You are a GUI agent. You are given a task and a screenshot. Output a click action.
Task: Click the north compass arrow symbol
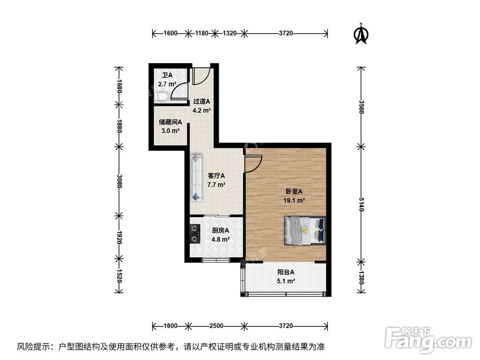pyautogui.click(x=360, y=34)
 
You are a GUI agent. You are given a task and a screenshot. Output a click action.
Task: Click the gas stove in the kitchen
pyautogui.click(x=194, y=233)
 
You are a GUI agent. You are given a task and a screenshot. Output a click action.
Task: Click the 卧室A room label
pyautogui.click(x=294, y=191)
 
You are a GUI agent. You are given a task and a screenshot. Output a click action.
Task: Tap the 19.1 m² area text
pyautogui.click(x=294, y=200)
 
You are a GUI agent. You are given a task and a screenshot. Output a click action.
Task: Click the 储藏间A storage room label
pyautogui.click(x=170, y=121)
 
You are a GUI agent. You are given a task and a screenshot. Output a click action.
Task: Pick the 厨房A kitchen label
pyautogui.click(x=220, y=230)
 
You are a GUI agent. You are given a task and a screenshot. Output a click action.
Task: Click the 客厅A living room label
pyautogui.click(x=216, y=176)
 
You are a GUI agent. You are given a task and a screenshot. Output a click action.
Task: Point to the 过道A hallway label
pyautogui.click(x=202, y=102)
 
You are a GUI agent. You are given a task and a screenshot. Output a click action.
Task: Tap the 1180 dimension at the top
pyautogui.click(x=202, y=33)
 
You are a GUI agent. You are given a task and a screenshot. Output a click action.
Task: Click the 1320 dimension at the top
pyautogui.click(x=230, y=33)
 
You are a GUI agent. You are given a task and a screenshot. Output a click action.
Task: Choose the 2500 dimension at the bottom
pyautogui.click(x=216, y=326)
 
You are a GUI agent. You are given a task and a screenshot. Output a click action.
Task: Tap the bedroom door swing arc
pyautogui.click(x=253, y=163)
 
